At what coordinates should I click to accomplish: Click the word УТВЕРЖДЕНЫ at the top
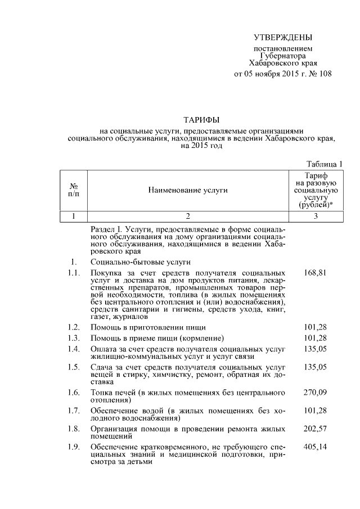[282, 38]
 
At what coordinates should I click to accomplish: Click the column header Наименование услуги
[188, 191]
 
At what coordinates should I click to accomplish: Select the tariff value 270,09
[315, 392]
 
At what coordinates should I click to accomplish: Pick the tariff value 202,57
[315, 428]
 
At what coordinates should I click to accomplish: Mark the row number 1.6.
[71, 392]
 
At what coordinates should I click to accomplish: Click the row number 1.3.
[71, 338]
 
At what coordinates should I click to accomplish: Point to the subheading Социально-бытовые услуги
[140, 262]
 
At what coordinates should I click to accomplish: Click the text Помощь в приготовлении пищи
[148, 327]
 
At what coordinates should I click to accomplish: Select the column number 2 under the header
[188, 216]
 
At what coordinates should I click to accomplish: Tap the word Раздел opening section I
[103, 230]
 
